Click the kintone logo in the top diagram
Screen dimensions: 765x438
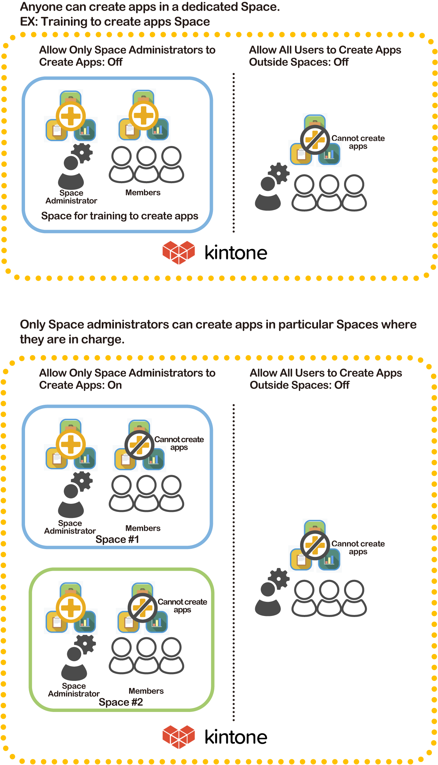pos(214,253)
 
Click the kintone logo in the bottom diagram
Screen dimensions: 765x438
pos(214,737)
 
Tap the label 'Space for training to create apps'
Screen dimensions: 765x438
pos(120,216)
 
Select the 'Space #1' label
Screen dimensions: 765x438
pos(117,539)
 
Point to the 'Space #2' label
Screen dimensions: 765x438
pos(121,702)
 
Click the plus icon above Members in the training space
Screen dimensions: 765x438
pos(144,116)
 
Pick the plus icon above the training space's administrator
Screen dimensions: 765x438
pos(71,116)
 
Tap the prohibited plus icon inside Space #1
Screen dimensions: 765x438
pos(139,445)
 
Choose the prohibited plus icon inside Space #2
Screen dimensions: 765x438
pos(142,608)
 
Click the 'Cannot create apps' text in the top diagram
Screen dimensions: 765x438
pos(358,142)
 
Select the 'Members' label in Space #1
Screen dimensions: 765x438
pos(143,528)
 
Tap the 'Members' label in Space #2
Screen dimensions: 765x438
pos(146,691)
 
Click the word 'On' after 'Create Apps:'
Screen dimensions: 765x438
pos(115,385)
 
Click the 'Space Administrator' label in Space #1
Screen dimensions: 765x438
pos(70,527)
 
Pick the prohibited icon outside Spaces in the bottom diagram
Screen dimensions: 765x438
pos(315,545)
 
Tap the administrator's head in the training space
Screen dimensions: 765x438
pos(71,164)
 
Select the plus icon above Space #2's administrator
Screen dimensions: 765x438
pos(71,608)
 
